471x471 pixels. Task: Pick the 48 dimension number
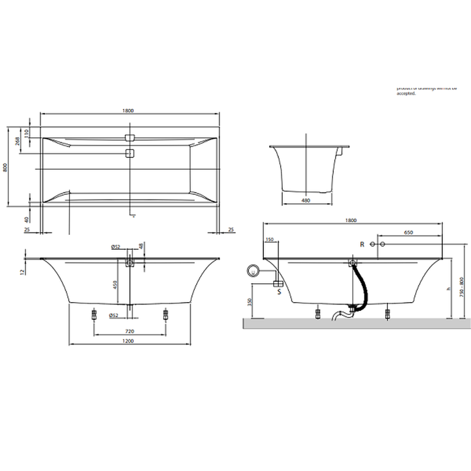click(x=141, y=246)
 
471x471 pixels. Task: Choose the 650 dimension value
click(x=409, y=233)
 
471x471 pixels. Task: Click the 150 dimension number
click(x=270, y=240)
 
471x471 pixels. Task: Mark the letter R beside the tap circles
click(x=363, y=244)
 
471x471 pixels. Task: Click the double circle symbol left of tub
click(x=254, y=271)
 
